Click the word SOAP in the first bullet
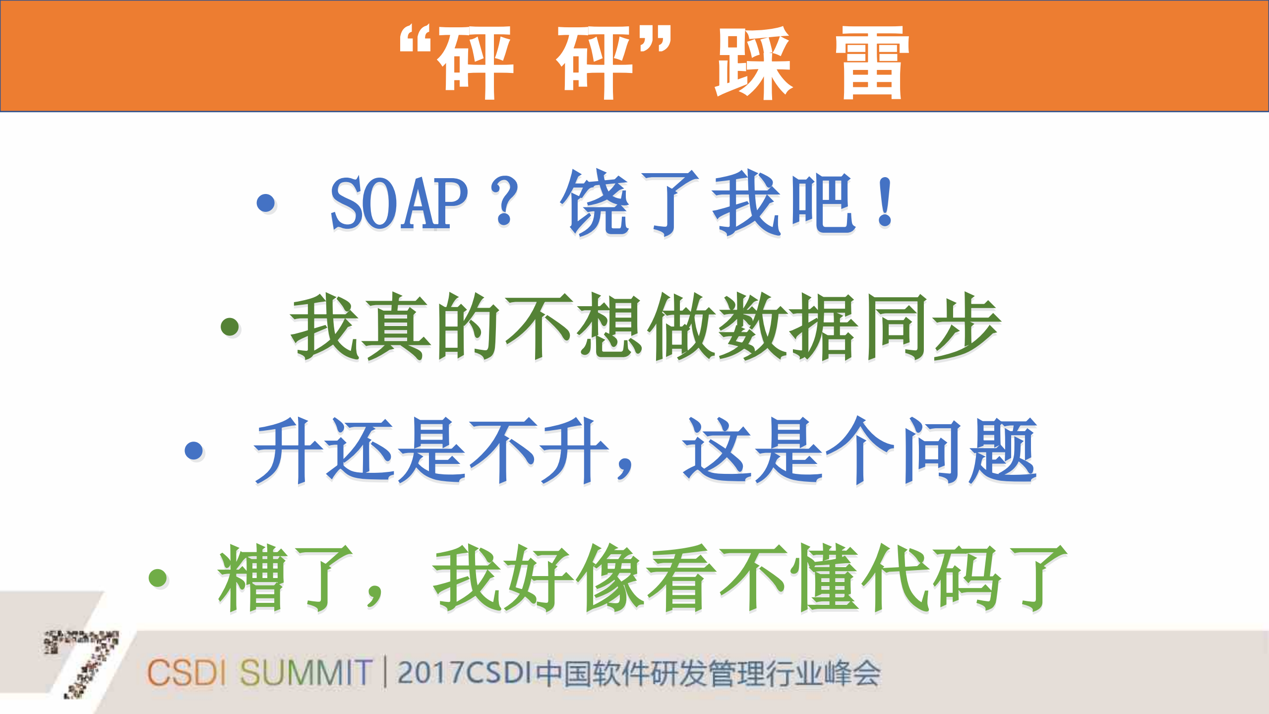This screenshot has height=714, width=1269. point(399,203)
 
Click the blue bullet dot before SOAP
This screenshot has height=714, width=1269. point(266,202)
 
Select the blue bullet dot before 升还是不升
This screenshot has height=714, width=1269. point(194,451)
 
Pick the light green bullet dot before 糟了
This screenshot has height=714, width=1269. point(158,578)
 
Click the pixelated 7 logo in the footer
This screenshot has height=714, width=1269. point(82,662)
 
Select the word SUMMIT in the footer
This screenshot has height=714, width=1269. point(305,673)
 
